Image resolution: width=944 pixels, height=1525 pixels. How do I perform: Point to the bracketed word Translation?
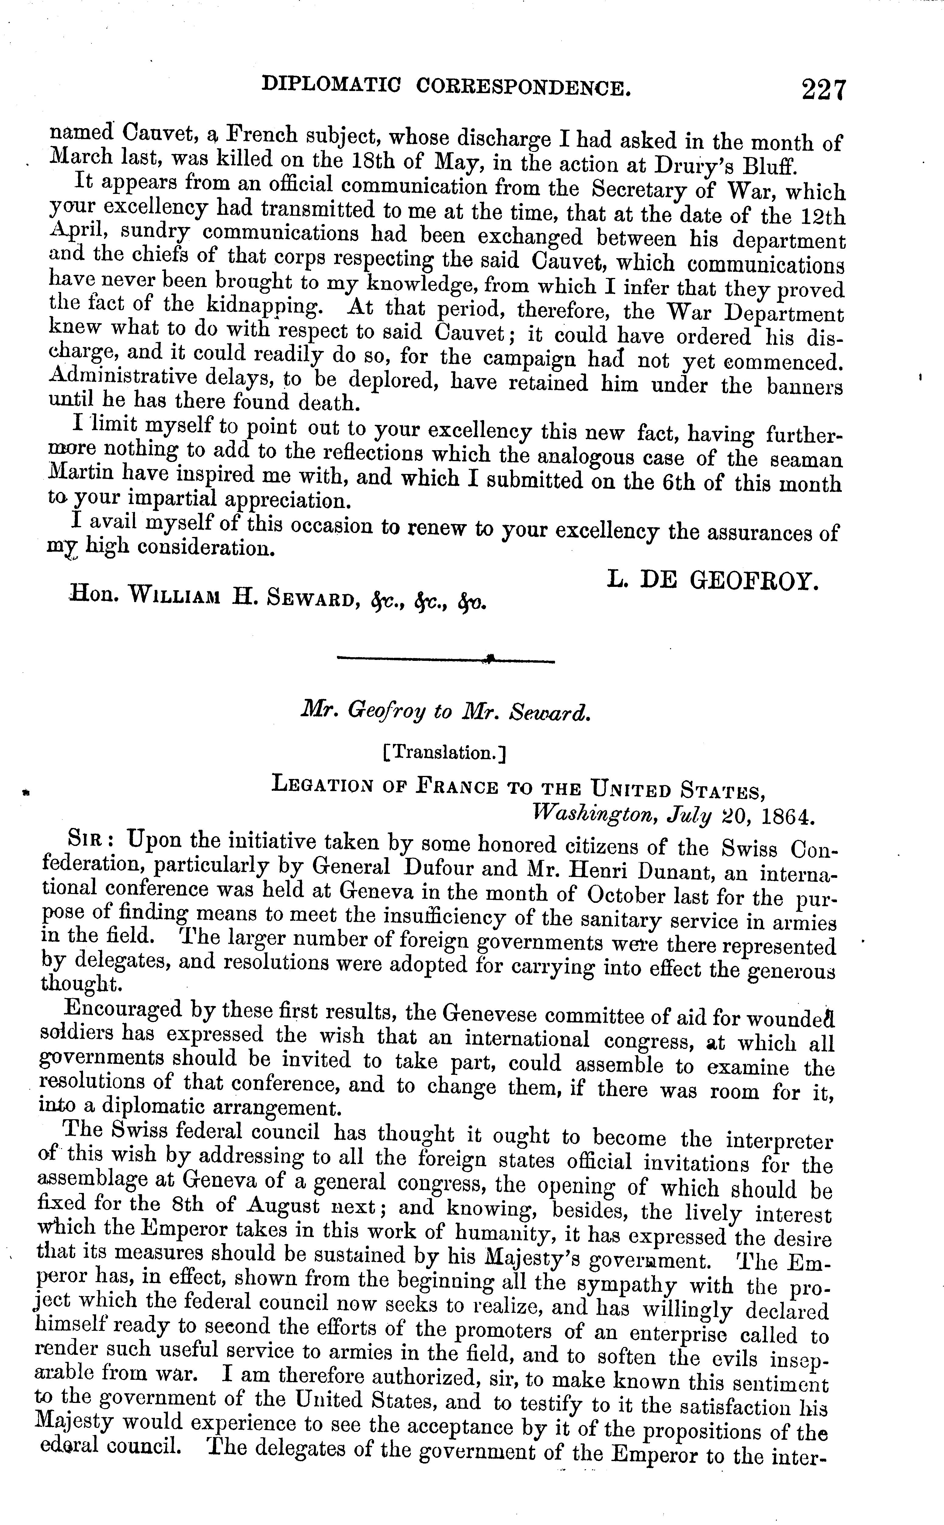click(445, 753)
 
